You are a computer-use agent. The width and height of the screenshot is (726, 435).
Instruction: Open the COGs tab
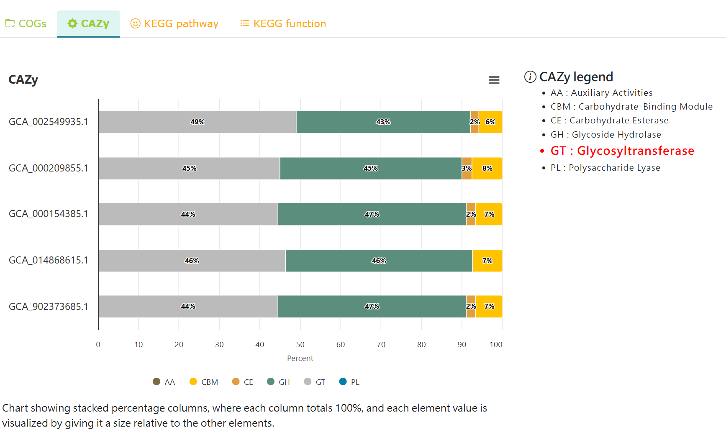click(x=26, y=24)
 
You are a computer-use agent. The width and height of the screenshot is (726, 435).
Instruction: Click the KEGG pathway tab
click(x=174, y=24)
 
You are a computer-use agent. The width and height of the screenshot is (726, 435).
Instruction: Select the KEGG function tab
click(x=283, y=24)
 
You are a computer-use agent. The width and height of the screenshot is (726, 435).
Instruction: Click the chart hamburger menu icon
click(x=494, y=80)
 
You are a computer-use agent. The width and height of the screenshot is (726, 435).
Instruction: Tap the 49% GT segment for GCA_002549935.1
click(x=197, y=122)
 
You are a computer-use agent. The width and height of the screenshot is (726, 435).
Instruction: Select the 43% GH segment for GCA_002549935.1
click(x=383, y=122)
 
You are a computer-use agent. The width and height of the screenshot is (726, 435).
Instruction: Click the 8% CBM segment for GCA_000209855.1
click(x=487, y=169)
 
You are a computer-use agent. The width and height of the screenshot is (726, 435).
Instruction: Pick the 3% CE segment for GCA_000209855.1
click(x=467, y=169)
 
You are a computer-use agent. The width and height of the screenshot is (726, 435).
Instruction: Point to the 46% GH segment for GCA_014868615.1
click(x=379, y=261)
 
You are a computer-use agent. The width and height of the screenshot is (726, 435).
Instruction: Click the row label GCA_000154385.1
click(x=49, y=214)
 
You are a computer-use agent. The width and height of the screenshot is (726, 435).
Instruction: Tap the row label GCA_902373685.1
click(x=49, y=307)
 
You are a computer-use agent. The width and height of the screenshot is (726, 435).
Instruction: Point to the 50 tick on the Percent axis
click(x=300, y=345)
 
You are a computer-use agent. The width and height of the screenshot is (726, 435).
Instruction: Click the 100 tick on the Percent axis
click(x=496, y=345)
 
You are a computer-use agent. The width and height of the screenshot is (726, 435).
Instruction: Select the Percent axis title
click(x=300, y=358)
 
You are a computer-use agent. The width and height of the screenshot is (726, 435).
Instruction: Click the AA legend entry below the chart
click(x=164, y=382)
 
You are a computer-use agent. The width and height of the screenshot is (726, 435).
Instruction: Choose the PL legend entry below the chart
click(x=350, y=382)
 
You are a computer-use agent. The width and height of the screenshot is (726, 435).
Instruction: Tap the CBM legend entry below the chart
click(x=204, y=382)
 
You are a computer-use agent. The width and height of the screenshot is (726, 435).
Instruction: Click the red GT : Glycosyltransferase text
click(x=622, y=151)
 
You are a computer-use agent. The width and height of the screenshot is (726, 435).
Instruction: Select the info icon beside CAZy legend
click(x=530, y=77)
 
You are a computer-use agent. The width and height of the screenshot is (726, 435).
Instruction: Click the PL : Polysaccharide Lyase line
click(x=605, y=168)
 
